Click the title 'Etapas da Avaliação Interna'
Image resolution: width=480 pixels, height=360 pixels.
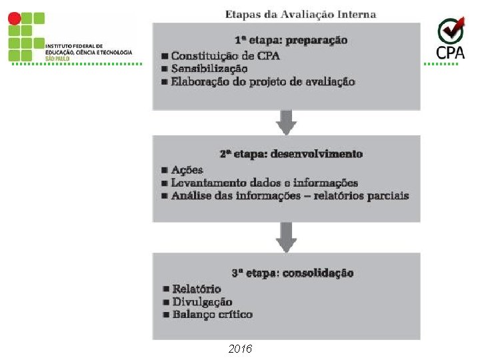click(x=301, y=14)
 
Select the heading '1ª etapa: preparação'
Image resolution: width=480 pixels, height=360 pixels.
click(x=290, y=40)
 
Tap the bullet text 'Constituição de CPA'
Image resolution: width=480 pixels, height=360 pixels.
click(x=225, y=55)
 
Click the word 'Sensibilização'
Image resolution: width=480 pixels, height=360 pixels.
click(x=209, y=69)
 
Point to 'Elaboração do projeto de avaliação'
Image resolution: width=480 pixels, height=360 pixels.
click(x=263, y=82)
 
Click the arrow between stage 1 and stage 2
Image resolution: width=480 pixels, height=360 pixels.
click(x=287, y=123)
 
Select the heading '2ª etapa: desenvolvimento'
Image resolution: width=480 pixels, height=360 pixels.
click(x=291, y=154)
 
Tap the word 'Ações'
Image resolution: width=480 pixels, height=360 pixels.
click(x=187, y=169)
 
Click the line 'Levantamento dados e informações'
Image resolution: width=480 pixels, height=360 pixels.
click(x=264, y=183)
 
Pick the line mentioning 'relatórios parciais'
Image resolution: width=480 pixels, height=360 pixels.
click(x=289, y=196)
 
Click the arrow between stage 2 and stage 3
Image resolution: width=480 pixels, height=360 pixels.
click(x=287, y=237)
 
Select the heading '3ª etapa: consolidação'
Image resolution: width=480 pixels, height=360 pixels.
click(x=292, y=273)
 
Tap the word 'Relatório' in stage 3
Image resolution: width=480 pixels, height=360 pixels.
click(x=197, y=289)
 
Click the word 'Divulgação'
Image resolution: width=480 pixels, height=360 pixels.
click(x=202, y=301)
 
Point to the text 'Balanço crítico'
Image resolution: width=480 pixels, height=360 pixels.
click(x=212, y=314)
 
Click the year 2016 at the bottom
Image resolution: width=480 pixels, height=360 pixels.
click(x=240, y=349)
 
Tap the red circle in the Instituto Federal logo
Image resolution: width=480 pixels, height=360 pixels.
click(x=13, y=18)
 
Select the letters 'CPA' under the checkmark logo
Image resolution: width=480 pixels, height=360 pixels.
click(x=451, y=51)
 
